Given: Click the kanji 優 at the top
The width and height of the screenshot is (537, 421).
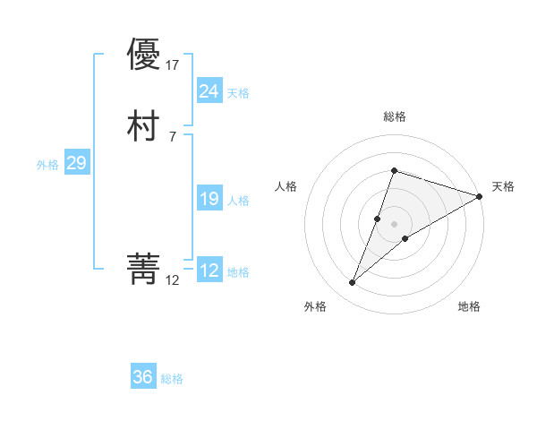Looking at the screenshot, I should [x=144, y=55].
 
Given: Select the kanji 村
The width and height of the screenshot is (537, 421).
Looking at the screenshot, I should [x=144, y=126].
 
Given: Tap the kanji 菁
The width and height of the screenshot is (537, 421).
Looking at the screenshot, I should [x=144, y=268].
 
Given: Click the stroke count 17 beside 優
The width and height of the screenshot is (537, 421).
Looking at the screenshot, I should [x=174, y=65].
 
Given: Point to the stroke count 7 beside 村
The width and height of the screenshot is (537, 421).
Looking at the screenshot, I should [x=172, y=136].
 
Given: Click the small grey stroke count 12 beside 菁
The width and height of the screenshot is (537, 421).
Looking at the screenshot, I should [x=173, y=280].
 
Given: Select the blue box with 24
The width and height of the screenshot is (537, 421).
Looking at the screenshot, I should [x=209, y=90].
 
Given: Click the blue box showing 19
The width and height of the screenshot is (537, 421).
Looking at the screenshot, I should [x=209, y=199].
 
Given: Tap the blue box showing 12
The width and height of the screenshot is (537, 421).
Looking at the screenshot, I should [x=209, y=271].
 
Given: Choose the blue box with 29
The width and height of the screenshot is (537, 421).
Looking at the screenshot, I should [x=76, y=163].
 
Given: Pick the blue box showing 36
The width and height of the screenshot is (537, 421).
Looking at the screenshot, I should [x=143, y=377].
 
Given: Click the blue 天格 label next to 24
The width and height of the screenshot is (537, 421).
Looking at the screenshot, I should [x=238, y=93].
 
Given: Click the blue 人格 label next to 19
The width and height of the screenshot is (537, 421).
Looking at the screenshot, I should [x=238, y=201].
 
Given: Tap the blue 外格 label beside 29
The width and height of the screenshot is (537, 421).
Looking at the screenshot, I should [x=47, y=165].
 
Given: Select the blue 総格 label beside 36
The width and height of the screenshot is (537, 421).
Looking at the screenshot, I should [x=173, y=379].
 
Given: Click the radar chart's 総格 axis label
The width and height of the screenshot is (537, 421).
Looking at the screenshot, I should [x=394, y=116].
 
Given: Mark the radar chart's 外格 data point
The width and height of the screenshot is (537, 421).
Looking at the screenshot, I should [x=352, y=283].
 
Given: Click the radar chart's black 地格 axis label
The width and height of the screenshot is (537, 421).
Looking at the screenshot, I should [x=469, y=306].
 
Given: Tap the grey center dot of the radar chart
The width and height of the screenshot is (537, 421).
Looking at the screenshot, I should [x=394, y=223].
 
